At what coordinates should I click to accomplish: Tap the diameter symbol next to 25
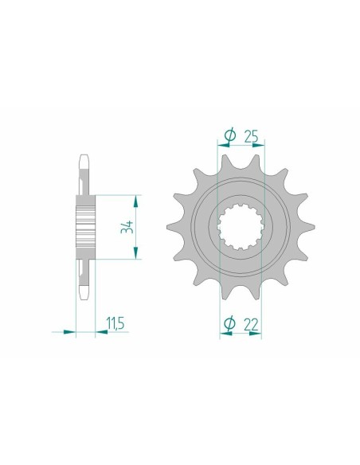click(x=229, y=137)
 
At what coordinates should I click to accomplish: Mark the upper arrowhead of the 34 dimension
click(x=137, y=197)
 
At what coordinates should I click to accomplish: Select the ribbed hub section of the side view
click(x=85, y=225)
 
